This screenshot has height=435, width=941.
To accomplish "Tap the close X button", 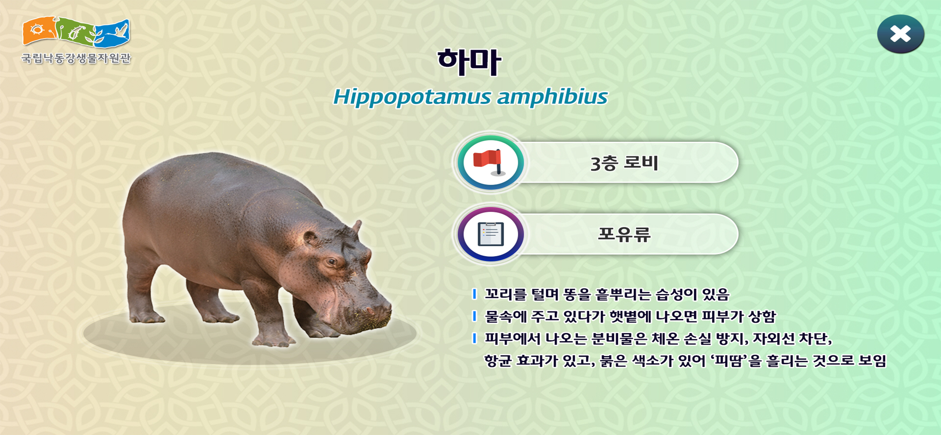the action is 900,34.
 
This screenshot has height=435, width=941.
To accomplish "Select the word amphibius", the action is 552,97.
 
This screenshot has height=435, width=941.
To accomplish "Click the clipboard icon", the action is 490,234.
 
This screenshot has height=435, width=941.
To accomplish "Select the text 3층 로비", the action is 624,163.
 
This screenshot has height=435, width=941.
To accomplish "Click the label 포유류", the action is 624,234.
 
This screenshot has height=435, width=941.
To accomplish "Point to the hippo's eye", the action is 331,261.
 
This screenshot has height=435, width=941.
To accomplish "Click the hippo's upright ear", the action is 356,227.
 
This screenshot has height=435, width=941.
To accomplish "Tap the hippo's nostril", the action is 371,311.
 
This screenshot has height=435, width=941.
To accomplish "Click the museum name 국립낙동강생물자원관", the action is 76,58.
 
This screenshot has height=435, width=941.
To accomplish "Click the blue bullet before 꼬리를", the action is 474,294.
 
